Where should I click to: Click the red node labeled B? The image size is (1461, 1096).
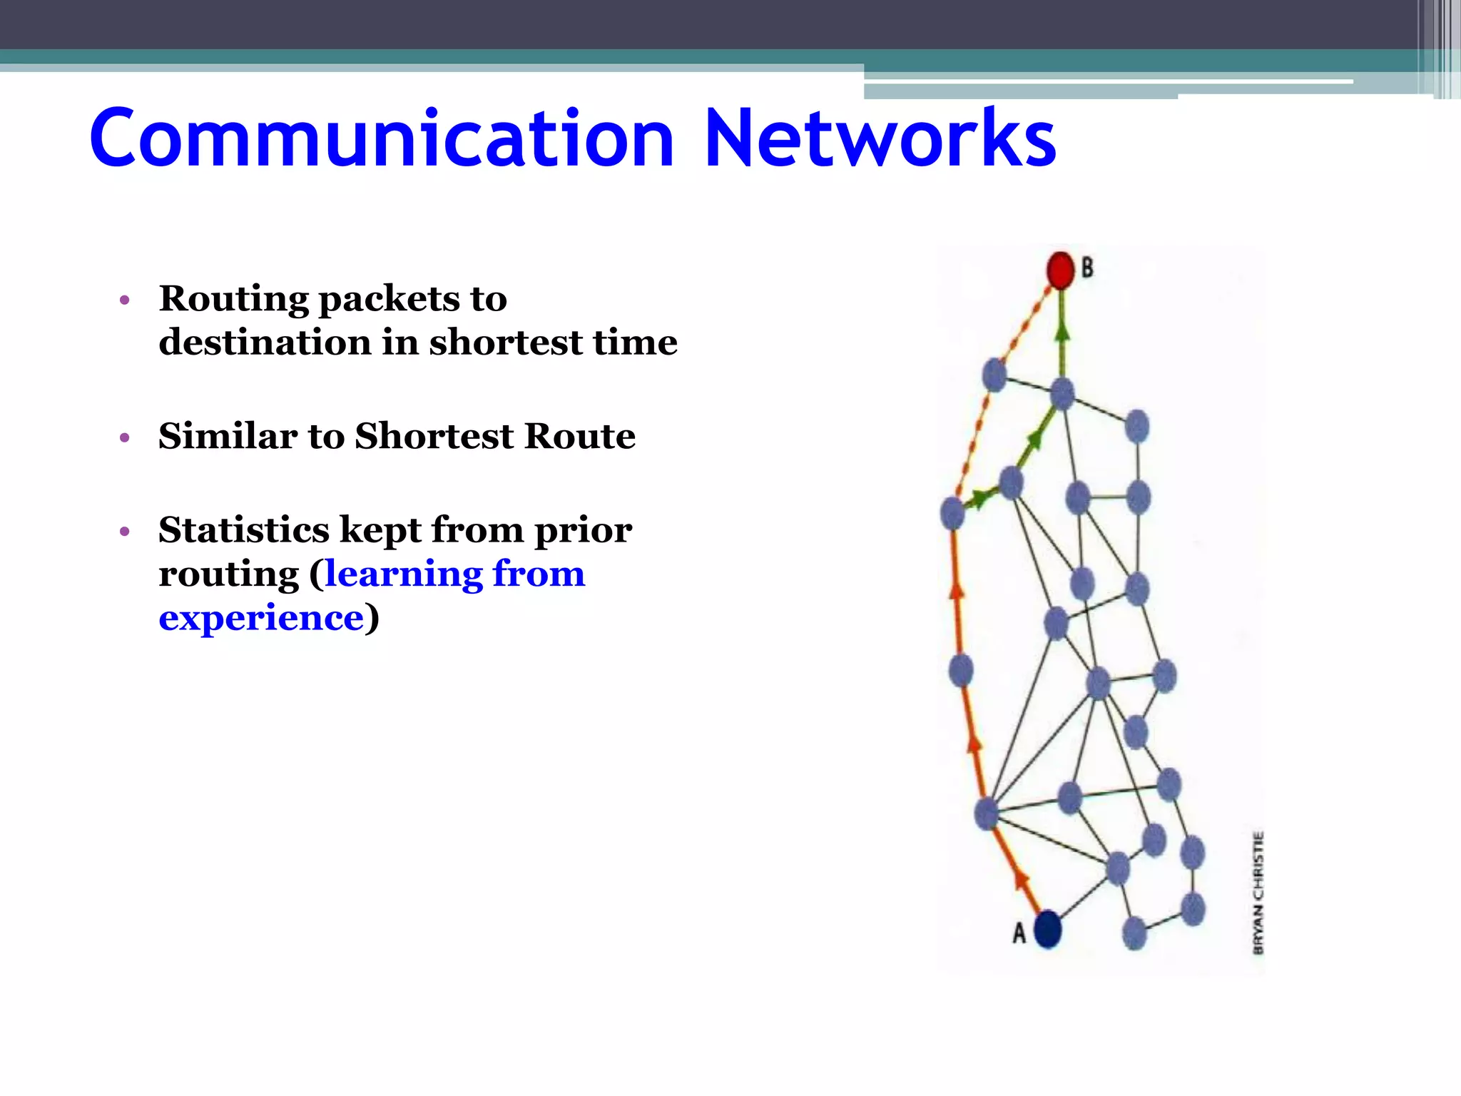1060,270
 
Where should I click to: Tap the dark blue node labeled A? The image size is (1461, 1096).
1047,930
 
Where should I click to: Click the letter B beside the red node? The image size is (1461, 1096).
1087,268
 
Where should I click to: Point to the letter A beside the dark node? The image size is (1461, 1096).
1019,933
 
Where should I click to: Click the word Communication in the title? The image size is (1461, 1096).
382,138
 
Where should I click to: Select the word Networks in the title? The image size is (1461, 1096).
880,138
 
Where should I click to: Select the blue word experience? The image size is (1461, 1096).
261,618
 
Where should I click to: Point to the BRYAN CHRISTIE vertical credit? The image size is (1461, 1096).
1258,893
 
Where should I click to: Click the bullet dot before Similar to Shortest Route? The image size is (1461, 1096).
125,437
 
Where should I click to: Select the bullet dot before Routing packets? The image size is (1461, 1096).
125,300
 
